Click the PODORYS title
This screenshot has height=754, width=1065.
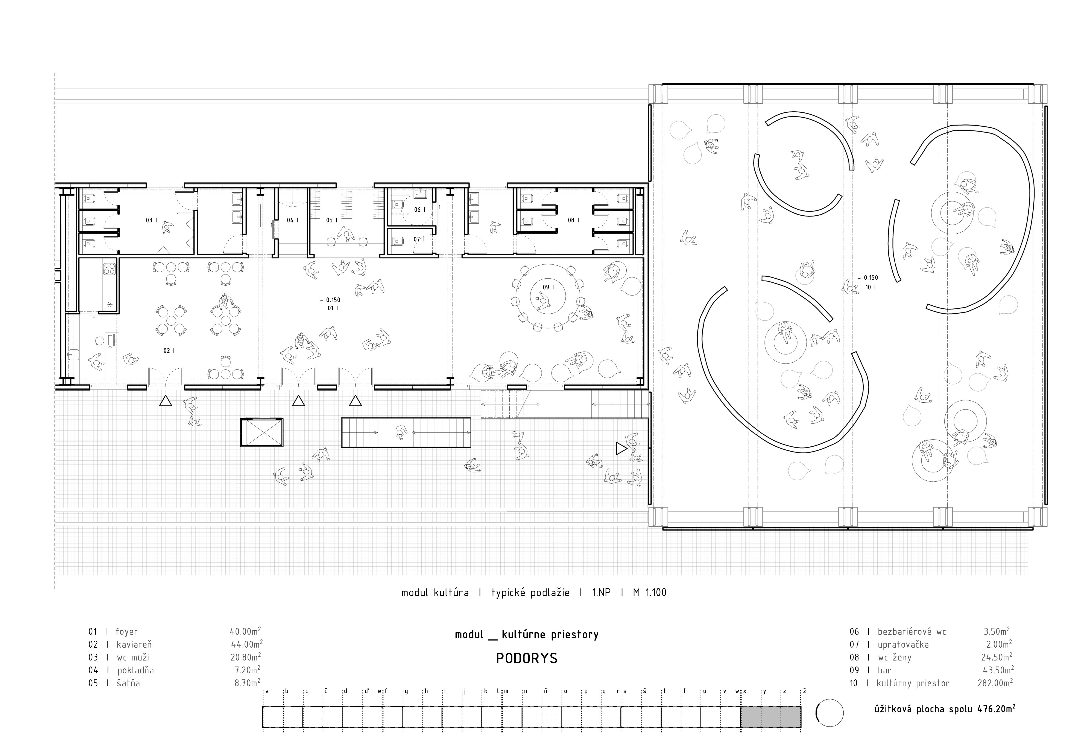(x=526, y=658)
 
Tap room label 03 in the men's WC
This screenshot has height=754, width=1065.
(x=149, y=220)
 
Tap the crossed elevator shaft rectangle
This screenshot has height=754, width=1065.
(x=261, y=433)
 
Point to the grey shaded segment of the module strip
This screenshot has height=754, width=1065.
(x=770, y=717)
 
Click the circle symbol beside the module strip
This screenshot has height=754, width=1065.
(x=829, y=713)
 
